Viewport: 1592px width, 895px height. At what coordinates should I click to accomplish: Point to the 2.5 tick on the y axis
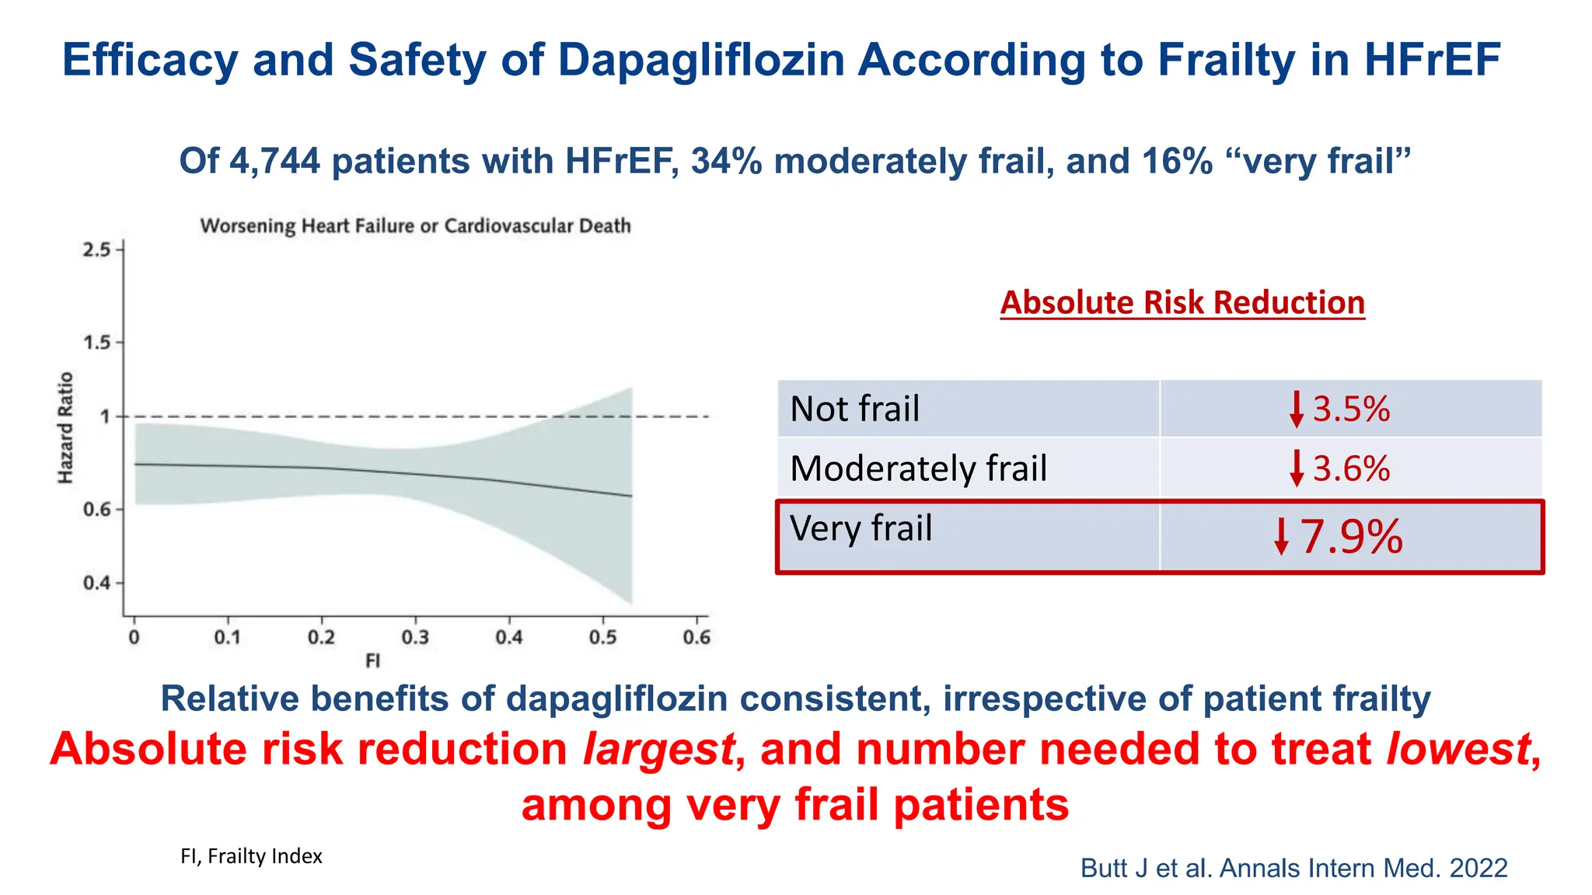(97, 250)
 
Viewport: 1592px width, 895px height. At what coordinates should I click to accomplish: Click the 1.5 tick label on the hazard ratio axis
(97, 343)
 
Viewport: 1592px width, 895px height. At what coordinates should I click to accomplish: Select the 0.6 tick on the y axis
(97, 510)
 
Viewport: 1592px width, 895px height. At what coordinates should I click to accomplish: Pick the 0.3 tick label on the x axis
(415, 638)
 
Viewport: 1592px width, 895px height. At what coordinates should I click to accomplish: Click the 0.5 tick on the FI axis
(602, 638)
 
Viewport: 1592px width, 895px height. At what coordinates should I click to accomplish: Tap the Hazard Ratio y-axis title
(66, 427)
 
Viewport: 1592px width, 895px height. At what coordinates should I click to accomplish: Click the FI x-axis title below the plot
(373, 661)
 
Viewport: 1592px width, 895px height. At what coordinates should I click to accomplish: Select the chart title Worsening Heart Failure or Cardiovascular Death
(415, 226)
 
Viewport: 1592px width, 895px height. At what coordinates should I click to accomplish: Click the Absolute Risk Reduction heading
(1182, 302)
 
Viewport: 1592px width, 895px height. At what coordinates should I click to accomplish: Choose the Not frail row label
(854, 409)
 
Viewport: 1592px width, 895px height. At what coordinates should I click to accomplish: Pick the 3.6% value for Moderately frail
(1351, 468)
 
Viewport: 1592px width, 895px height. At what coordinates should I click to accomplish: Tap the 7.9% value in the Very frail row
(1351, 536)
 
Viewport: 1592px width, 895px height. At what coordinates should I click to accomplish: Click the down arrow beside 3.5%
(1296, 409)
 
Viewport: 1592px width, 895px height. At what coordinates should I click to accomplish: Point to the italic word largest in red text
(658, 749)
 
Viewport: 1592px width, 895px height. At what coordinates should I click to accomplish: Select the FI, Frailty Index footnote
(251, 856)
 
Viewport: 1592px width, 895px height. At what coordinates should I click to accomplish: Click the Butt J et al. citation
(1293, 868)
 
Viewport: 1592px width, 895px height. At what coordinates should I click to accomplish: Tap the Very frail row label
(861, 528)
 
